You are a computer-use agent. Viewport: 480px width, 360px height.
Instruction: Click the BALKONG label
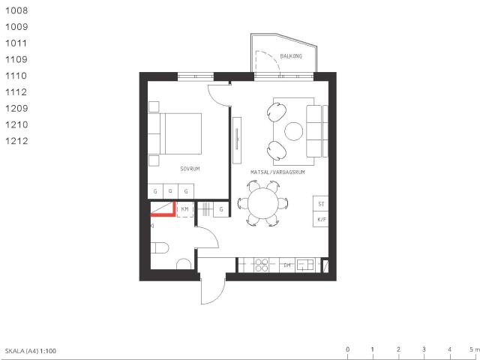pos(291,57)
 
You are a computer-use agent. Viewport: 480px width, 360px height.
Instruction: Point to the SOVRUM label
pos(190,169)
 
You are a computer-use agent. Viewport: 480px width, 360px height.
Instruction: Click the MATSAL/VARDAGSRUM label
pos(278,172)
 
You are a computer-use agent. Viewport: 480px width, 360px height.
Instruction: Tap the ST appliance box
pos(321,204)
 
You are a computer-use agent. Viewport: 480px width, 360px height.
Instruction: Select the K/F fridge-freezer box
pos(321,220)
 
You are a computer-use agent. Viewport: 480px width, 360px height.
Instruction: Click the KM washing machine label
pos(184,209)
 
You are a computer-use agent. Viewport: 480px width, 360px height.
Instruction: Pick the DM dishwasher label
pos(286,265)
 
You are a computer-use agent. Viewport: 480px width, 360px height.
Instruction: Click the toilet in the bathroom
pos(160,247)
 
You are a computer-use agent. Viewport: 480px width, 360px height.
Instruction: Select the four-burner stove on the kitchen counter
pos(262,265)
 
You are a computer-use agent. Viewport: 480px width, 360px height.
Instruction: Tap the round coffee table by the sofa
pos(294,131)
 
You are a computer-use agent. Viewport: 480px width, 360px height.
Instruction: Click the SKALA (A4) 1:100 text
pos(31,350)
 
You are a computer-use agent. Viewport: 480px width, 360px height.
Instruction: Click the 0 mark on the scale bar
pos(347,349)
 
